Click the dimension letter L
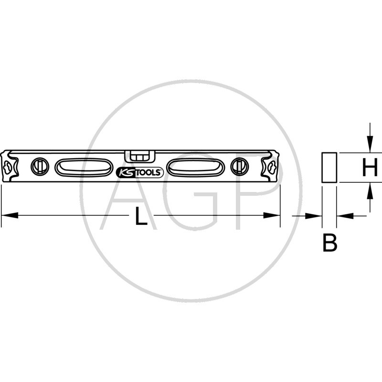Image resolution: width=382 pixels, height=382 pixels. (x=141, y=216)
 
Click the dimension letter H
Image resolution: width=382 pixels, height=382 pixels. (x=370, y=167)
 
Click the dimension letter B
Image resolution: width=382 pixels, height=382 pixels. (x=330, y=243)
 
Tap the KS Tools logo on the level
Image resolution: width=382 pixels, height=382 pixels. (x=139, y=172)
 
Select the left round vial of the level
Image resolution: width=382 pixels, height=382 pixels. (x=40, y=167)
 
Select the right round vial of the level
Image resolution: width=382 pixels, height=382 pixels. (x=240, y=167)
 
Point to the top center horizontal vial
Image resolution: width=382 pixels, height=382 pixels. (x=139, y=157)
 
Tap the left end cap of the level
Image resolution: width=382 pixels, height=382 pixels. (x=10, y=166)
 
